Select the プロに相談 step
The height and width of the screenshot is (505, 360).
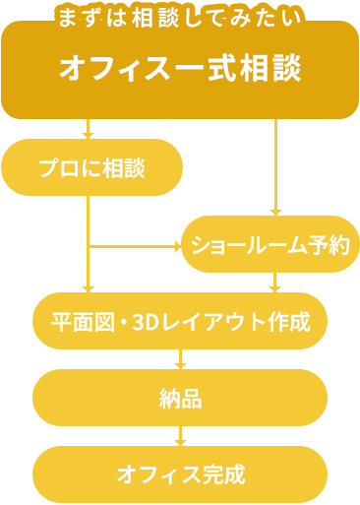(92, 167)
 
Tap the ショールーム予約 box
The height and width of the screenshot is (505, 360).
(270, 244)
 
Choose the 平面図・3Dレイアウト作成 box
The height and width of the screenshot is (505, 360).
(180, 321)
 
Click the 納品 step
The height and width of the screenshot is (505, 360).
(180, 398)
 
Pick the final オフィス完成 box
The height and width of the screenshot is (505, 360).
(180, 474)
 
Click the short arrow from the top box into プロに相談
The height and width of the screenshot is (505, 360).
(89, 129)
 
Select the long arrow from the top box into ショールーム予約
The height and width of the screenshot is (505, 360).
(275, 167)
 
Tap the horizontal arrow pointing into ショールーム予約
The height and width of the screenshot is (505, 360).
(138, 246)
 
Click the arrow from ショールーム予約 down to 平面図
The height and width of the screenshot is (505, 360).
(275, 283)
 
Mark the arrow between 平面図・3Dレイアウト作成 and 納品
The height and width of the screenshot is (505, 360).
(180, 359)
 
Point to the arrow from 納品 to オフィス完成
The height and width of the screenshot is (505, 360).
(180, 436)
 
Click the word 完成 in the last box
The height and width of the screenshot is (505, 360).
(224, 475)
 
